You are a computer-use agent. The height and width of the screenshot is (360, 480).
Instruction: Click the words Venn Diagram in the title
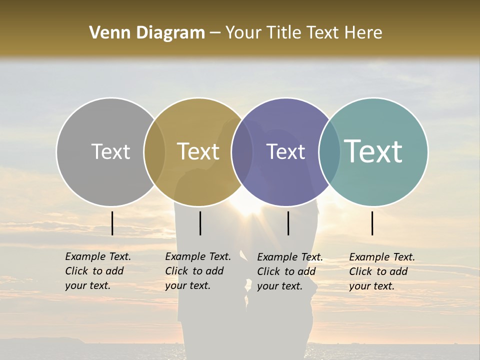click(147, 33)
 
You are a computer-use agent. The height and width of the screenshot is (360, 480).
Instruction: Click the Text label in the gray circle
click(110, 151)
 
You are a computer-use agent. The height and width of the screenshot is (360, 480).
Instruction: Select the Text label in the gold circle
click(198, 151)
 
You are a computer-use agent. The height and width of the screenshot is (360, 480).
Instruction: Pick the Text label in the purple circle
click(285, 151)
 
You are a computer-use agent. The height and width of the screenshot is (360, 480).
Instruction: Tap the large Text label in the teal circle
click(373, 151)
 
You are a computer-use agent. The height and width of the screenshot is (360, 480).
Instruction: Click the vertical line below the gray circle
click(112, 223)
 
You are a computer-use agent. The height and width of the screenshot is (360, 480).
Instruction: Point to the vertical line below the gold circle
click(200, 223)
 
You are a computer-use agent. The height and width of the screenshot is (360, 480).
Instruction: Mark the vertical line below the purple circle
click(288, 223)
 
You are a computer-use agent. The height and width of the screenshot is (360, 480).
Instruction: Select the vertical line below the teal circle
click(372, 223)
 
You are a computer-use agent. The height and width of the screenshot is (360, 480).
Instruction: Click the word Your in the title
click(243, 33)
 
